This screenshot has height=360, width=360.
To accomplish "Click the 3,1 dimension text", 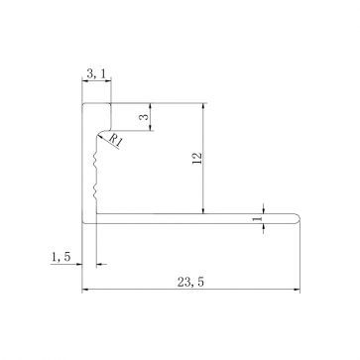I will tap(95, 72).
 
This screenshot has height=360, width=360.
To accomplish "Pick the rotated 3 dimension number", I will tap(143, 117).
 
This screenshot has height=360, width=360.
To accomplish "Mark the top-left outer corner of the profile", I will tap(82, 102).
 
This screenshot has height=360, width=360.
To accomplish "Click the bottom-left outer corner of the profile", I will tap(82, 226).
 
